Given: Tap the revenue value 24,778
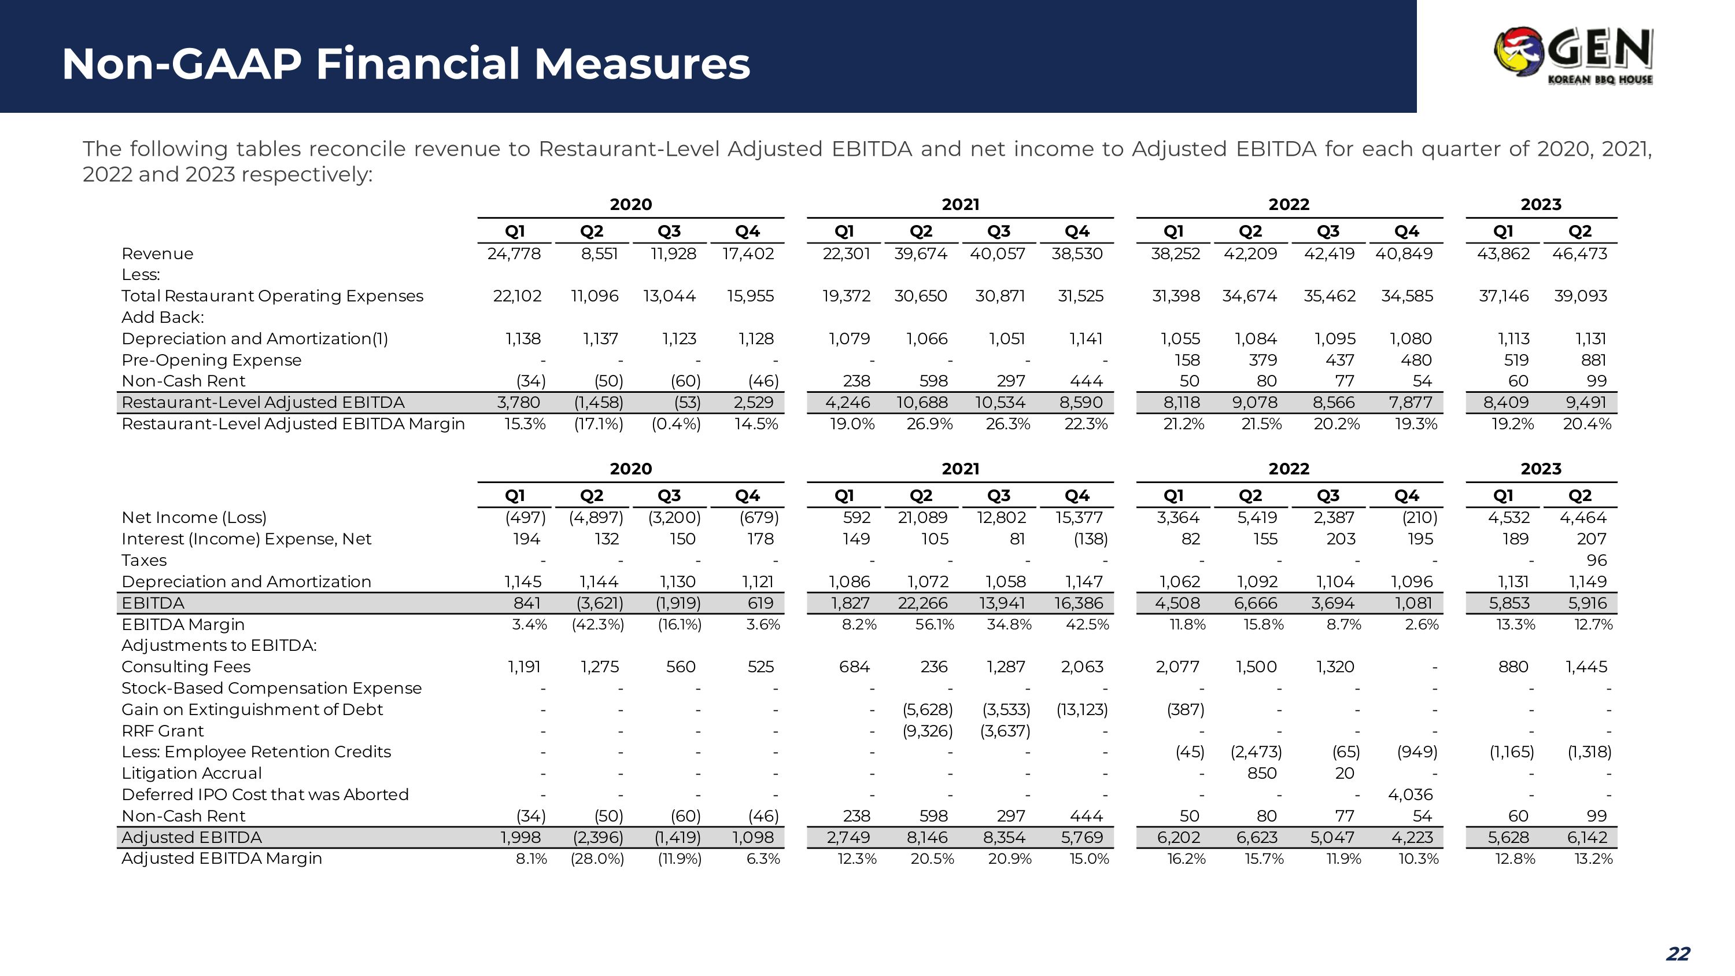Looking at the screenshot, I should coord(514,254).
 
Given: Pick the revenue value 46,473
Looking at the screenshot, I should coord(1579,254).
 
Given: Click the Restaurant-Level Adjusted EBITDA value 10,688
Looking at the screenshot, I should coord(922,403).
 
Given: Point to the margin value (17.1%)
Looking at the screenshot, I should coord(598,424).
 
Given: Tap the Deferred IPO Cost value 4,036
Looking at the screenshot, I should coord(1411,795).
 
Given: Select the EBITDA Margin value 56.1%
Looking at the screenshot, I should coord(934,624).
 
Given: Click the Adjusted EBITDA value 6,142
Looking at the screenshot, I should coord(1587,837).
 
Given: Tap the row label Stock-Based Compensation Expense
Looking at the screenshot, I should coord(271,688).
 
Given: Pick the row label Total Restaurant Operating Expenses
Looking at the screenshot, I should coord(272,296).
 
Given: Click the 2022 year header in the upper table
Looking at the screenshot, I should coord(1289,205).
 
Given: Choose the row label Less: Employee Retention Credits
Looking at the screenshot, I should coord(256,752).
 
